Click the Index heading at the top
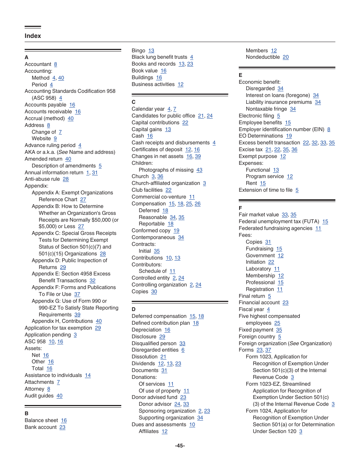[33, 36]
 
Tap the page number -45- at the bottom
[180, 446]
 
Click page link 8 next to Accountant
[55, 64]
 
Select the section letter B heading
[27, 413]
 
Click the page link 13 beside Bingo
[151, 51]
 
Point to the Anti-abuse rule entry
[42, 179]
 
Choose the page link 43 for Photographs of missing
[199, 170]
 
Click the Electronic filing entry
[256, 116]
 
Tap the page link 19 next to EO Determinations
[289, 136]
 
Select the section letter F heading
[240, 208]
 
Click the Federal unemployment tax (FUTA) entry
[279, 222]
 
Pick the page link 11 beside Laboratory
[277, 269]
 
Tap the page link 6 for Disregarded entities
[183, 350]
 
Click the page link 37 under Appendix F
[77, 294]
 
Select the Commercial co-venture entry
[159, 197]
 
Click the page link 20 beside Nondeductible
[286, 57]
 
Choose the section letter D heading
[133, 309]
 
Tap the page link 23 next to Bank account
[63, 427]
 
